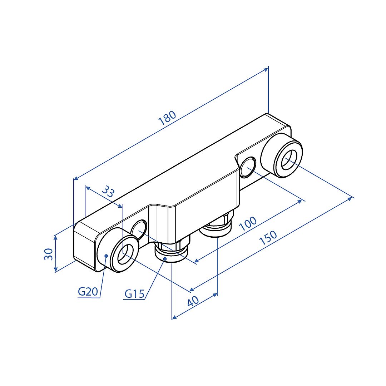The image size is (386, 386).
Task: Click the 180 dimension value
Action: coord(167,118)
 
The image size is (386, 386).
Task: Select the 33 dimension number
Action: coord(108,192)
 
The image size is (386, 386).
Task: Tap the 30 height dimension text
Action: coord(49,254)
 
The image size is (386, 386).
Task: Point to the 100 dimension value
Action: coord(248,223)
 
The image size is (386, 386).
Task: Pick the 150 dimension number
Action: coord(268,238)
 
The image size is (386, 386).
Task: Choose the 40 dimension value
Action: coord(193,301)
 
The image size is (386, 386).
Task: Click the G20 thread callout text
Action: coord(88,292)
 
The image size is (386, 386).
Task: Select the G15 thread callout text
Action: coord(134,294)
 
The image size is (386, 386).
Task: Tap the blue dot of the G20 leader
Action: coord(106,256)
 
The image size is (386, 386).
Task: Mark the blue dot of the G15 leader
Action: coord(165,259)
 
